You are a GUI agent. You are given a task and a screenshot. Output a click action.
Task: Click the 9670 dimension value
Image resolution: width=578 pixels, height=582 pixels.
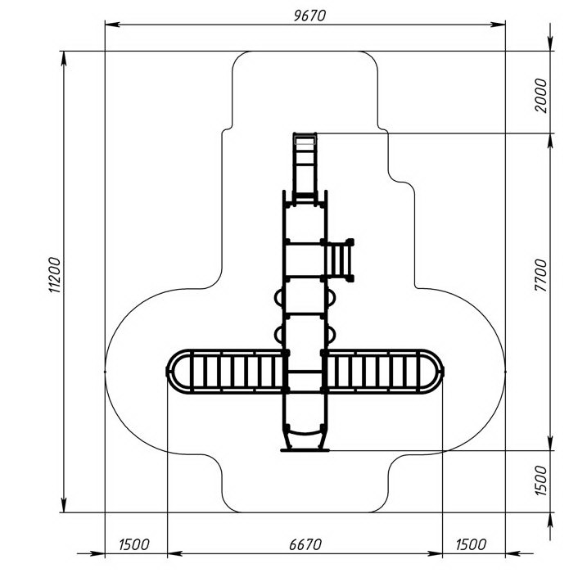pyautogui.click(x=309, y=16)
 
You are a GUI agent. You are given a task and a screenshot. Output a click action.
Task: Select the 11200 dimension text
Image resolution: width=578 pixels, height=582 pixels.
pyautogui.click(x=55, y=275)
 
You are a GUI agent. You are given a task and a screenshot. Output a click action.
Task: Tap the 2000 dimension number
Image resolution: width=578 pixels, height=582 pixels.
pyautogui.click(x=541, y=96)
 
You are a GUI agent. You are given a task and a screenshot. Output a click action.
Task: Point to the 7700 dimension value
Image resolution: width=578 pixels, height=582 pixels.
pyautogui.click(x=541, y=275)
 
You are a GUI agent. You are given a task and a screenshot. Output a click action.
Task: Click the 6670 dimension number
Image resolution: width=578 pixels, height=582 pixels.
pyautogui.click(x=305, y=544)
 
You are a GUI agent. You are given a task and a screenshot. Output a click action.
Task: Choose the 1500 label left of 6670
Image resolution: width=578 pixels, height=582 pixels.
pyautogui.click(x=134, y=544)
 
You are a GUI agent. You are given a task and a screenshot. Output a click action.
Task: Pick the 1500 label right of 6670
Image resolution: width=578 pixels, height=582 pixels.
pyautogui.click(x=471, y=544)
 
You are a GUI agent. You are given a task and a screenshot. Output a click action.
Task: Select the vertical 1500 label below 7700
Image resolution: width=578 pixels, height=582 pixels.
pyautogui.click(x=541, y=480)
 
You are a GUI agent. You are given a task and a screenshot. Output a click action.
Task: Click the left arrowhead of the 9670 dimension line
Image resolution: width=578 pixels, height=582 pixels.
pyautogui.click(x=112, y=25)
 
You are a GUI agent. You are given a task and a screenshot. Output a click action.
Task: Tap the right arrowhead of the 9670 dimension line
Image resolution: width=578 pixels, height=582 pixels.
pyautogui.click(x=498, y=25)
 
